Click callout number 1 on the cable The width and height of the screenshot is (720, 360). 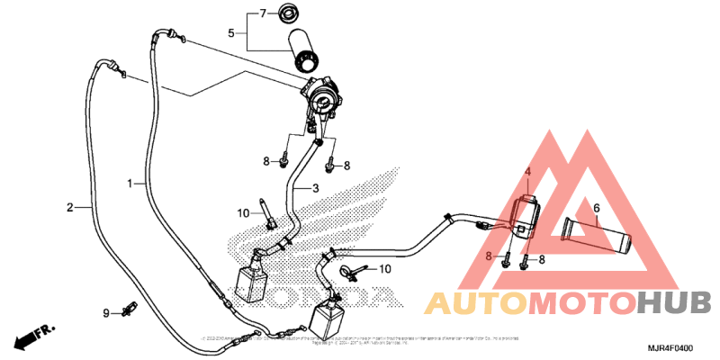pyautogui.click(x=130, y=183)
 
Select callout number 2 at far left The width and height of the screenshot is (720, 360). pyautogui.click(x=69, y=208)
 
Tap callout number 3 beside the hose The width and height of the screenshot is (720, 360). pyautogui.click(x=315, y=188)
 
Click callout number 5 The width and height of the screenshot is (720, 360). pyautogui.click(x=230, y=33)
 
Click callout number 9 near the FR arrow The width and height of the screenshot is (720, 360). pyautogui.click(x=105, y=312)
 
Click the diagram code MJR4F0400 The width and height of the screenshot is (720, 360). pyautogui.click(x=672, y=347)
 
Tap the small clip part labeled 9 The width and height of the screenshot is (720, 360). pyautogui.click(x=129, y=310)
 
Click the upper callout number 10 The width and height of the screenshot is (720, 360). pyautogui.click(x=244, y=213)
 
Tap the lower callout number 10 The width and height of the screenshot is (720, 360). pyautogui.click(x=383, y=269)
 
